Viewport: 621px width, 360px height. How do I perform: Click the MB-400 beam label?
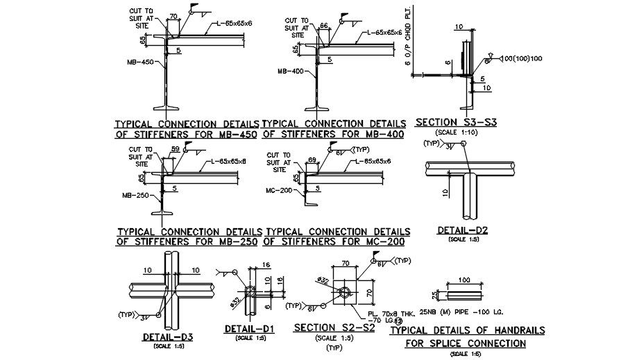click(x=291, y=71)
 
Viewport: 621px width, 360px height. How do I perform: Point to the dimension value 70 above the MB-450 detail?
click(x=173, y=15)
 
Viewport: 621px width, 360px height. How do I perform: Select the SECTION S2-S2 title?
click(x=334, y=327)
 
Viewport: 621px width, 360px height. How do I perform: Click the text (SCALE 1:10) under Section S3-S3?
click(x=455, y=132)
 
